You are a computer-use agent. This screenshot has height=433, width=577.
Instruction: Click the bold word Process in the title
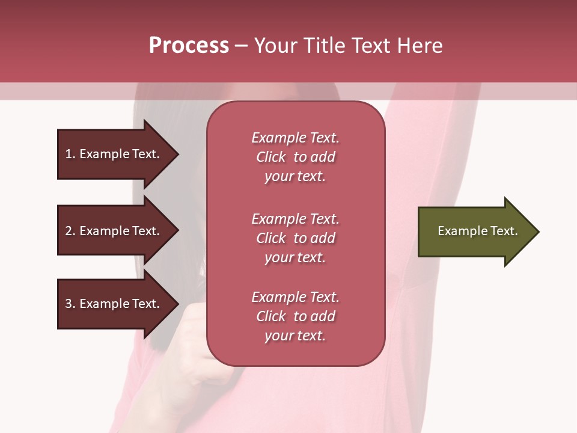pyautogui.click(x=189, y=46)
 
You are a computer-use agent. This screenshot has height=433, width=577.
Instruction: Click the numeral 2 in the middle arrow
pyautogui.click(x=69, y=231)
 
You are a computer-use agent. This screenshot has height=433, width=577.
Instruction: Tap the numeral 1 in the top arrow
pyautogui.click(x=69, y=154)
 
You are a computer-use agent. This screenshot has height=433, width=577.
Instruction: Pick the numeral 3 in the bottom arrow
pyautogui.click(x=69, y=304)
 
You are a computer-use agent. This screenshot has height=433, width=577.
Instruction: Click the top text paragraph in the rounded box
pyautogui.click(x=295, y=157)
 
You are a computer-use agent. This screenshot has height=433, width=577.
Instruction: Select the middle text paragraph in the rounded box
pyautogui.click(x=295, y=238)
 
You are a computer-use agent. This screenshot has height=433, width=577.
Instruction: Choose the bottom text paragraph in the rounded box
pyautogui.click(x=295, y=316)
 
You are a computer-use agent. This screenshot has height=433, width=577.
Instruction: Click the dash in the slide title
pyautogui.click(x=241, y=46)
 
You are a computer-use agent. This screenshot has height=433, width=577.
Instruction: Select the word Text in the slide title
pyautogui.click(x=372, y=46)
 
